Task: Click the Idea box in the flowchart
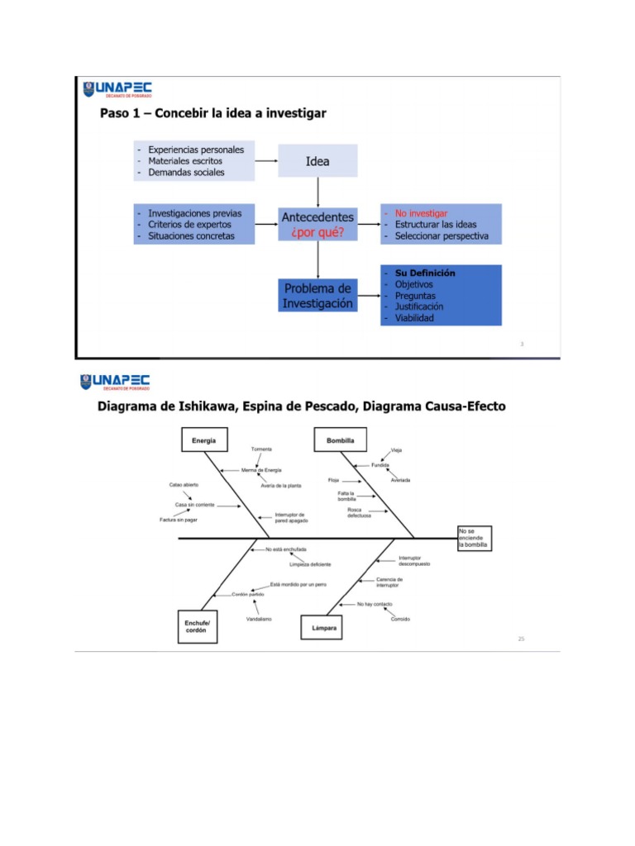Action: (317, 161)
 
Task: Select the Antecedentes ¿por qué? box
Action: (318, 224)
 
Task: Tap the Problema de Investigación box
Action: (318, 296)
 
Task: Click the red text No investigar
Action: (421, 213)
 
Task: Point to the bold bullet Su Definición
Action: (425, 273)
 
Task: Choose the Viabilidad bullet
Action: (413, 318)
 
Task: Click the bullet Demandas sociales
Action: (186, 173)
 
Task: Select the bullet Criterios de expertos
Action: (189, 225)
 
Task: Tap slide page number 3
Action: (522, 344)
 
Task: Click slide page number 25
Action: (521, 638)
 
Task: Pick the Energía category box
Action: (204, 440)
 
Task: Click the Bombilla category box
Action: (340, 440)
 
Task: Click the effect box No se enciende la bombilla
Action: (474, 538)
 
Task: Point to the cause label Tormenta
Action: (261, 449)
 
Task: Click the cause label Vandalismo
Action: (259, 619)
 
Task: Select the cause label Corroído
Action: (400, 619)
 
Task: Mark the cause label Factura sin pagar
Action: (179, 520)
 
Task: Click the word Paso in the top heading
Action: (116, 113)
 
